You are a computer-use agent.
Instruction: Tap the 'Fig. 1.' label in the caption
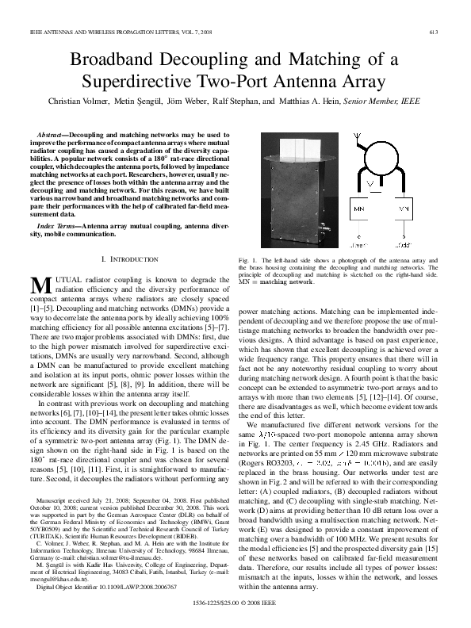246,261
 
